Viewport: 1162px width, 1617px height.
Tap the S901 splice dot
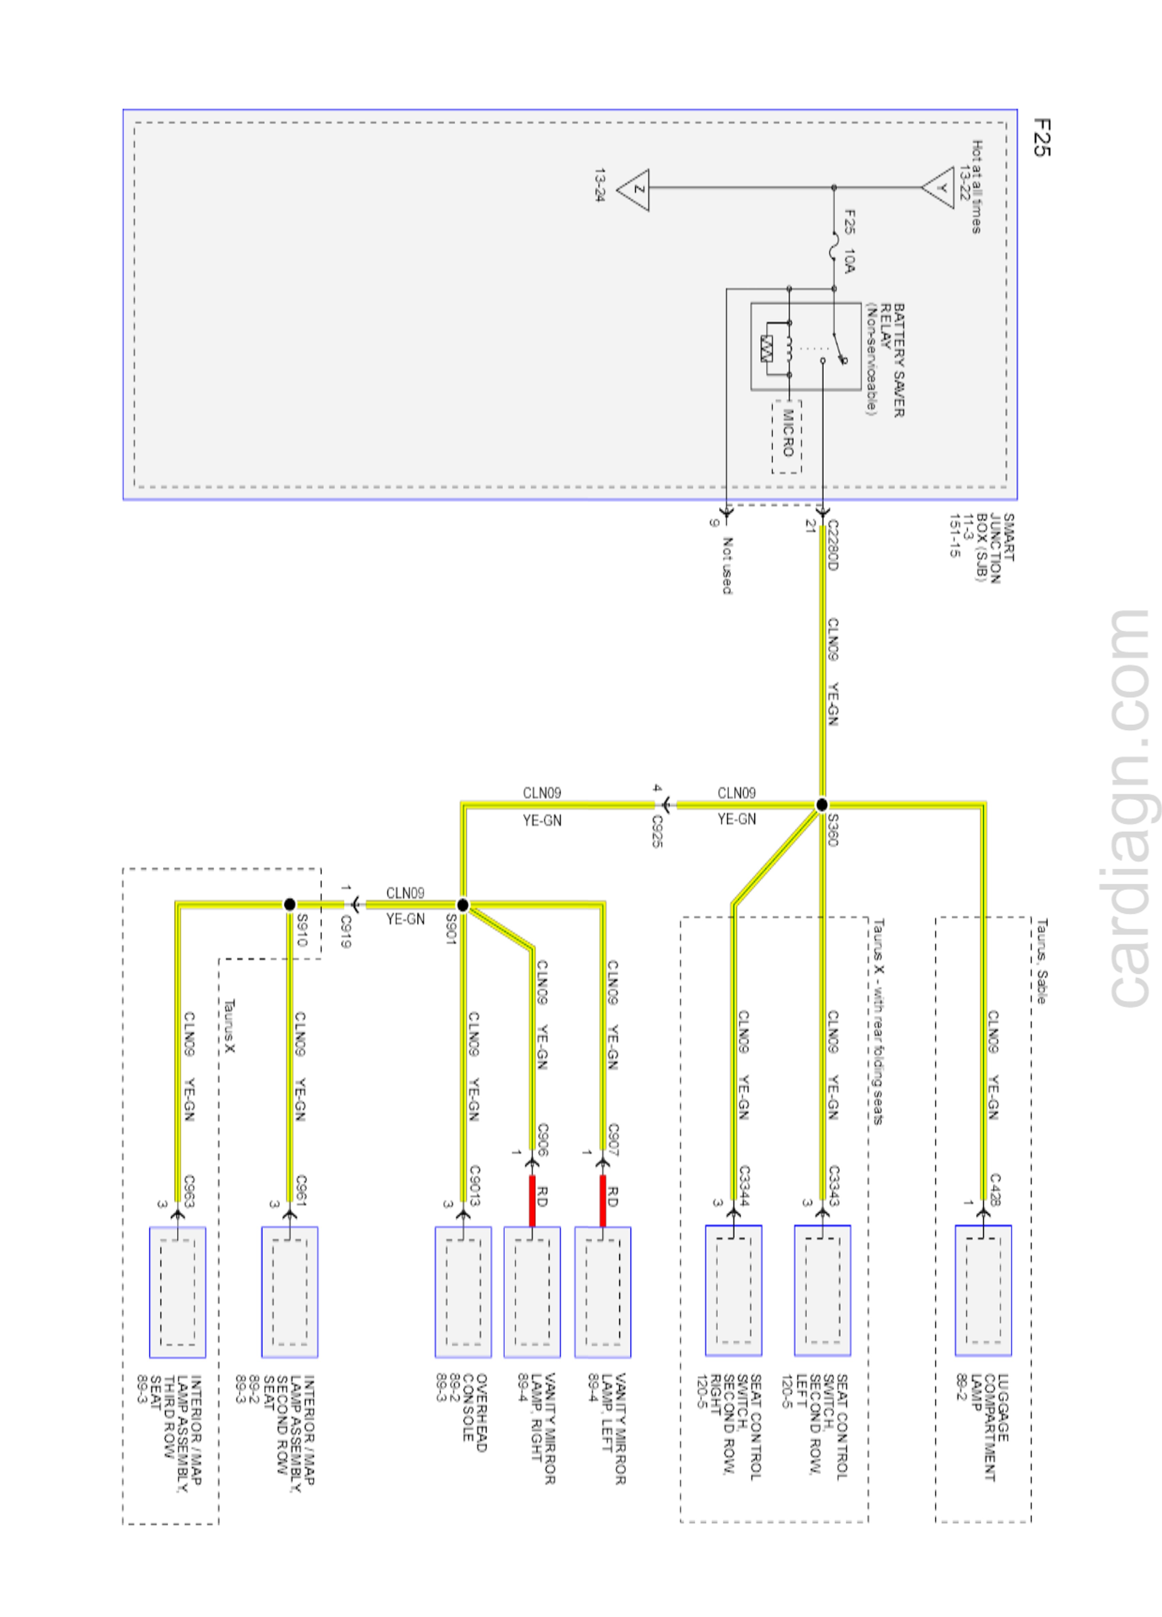tap(462, 905)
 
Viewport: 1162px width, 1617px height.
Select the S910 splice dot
tap(289, 904)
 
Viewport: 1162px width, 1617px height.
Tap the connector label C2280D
tap(832, 546)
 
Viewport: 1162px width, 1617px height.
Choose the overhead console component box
tap(463, 1291)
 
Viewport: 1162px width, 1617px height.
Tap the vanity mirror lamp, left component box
tap(603, 1291)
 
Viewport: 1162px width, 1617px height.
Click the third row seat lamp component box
tap(177, 1291)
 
